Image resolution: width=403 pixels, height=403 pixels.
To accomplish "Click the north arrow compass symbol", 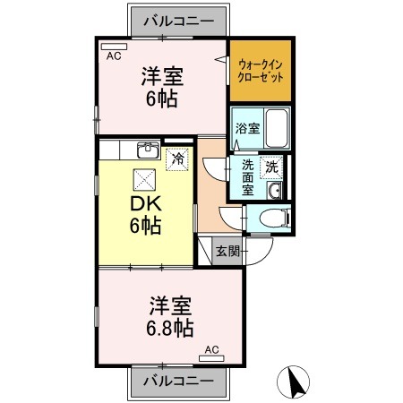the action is (x=293, y=382).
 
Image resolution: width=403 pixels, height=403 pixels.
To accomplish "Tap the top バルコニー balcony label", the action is (x=178, y=21).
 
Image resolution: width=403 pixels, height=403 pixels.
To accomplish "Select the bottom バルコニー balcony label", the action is (x=178, y=381).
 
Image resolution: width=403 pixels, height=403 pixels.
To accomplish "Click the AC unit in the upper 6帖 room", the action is (x=114, y=47).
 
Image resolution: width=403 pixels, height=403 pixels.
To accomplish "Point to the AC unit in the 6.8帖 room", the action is (x=211, y=358).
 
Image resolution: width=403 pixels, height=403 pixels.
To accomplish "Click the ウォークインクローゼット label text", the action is (x=261, y=71).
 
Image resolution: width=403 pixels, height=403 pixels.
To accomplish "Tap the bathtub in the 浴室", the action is (x=278, y=128).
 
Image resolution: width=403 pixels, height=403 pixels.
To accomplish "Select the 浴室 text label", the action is (x=247, y=128).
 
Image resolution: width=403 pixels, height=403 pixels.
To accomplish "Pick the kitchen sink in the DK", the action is (x=149, y=150).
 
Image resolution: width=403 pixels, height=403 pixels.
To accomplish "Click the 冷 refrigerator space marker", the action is (x=177, y=159).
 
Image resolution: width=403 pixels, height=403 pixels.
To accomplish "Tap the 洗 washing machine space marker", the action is (x=271, y=167).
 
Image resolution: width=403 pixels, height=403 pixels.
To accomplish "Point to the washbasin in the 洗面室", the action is (x=274, y=190).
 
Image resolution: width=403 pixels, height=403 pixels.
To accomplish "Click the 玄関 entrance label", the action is (x=228, y=252).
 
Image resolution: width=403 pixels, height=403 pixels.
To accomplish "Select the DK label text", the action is (x=146, y=203).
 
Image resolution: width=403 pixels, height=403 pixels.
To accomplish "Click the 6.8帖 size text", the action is (x=170, y=328).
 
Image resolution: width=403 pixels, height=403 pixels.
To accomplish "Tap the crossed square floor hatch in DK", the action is (x=144, y=180).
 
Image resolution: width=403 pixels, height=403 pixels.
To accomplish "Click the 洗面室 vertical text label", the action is (x=248, y=177).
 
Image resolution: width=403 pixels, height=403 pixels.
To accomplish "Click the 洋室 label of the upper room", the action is (x=162, y=76).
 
